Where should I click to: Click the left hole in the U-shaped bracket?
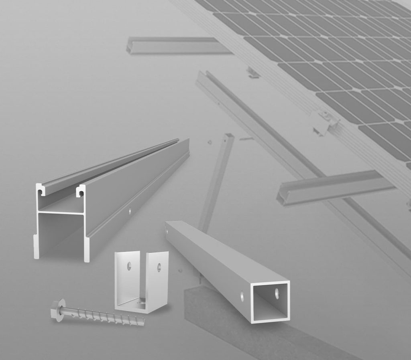point(129,265)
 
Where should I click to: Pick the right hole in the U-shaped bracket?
point(159,267)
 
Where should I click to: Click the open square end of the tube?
point(270,301)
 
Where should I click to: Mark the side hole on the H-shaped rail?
point(129,210)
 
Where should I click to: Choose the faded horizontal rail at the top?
point(177,46)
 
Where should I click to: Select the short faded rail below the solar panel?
point(333,187)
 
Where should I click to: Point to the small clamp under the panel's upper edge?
point(253,73)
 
